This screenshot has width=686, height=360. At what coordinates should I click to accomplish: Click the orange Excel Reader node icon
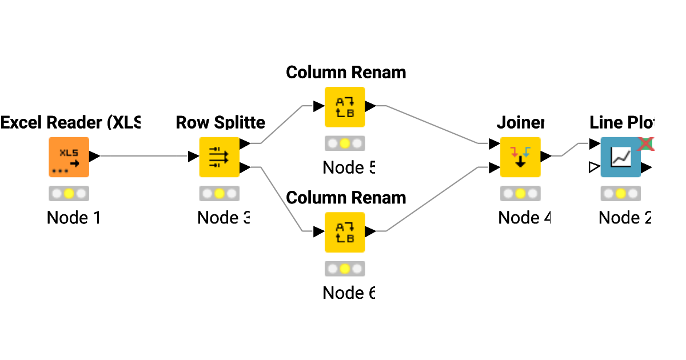(x=69, y=157)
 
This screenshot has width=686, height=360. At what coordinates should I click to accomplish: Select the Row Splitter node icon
(x=219, y=157)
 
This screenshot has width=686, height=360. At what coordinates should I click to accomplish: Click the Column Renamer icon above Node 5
(x=345, y=107)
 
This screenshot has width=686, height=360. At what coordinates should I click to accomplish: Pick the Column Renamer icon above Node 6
(x=345, y=232)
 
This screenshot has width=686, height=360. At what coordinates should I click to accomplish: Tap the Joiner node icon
(x=520, y=157)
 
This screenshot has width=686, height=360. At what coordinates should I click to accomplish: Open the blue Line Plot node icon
(x=620, y=157)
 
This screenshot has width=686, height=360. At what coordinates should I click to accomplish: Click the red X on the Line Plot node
(x=647, y=143)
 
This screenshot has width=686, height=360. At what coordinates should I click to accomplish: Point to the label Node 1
(x=74, y=218)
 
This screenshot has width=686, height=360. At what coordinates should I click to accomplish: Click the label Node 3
(x=224, y=218)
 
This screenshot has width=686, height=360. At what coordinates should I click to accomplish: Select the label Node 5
(x=349, y=167)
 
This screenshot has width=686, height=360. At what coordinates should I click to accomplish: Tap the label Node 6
(x=349, y=293)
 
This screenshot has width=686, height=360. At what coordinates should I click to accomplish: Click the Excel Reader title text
(x=70, y=122)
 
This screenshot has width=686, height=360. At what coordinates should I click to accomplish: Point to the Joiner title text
(x=520, y=122)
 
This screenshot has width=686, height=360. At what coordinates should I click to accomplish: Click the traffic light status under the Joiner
(x=520, y=194)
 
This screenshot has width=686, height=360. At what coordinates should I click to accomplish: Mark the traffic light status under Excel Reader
(x=69, y=194)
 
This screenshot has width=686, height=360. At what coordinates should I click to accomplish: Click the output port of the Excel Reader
(x=95, y=156)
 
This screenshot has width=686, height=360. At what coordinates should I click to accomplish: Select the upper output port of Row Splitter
(x=245, y=144)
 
